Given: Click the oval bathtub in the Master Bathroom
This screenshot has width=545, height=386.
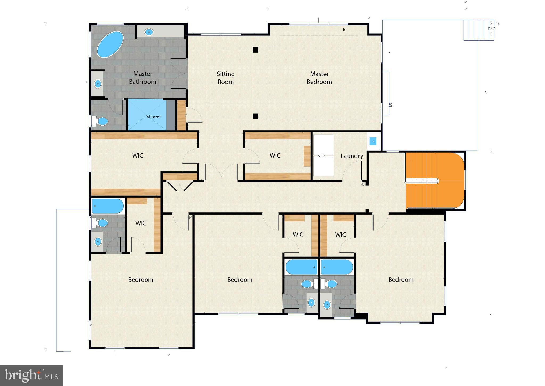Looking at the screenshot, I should click(110, 45).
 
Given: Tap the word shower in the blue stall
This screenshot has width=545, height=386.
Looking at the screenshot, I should click(154, 116).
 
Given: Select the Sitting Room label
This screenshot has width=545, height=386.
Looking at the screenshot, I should click(226, 78).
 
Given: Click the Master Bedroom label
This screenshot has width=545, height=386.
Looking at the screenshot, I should click(319, 78).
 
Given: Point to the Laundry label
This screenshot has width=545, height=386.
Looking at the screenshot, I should click(352, 156).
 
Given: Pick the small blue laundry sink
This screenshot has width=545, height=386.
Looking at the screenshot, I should click(373, 141).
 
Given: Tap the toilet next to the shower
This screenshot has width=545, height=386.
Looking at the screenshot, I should click(100, 122).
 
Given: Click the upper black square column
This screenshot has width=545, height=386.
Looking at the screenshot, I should click(255, 49).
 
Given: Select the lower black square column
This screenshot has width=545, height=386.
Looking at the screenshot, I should click(255, 116).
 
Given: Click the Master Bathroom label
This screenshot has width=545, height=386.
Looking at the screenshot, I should click(143, 78).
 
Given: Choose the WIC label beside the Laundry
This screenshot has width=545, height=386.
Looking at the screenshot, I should click(275, 155).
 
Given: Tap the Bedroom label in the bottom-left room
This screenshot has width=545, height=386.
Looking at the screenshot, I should click(141, 280).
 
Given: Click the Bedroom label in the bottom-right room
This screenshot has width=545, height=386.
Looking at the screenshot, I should click(401, 280).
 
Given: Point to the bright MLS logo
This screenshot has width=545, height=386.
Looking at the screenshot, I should click(31, 376).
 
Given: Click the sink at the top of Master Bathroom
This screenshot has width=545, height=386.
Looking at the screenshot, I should click(149, 32).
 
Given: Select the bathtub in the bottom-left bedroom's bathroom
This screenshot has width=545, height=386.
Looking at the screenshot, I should click(108, 206).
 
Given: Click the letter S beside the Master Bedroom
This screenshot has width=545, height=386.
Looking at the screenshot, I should click(390, 105).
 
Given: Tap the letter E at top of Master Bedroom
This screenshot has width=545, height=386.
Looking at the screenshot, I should click(344, 30).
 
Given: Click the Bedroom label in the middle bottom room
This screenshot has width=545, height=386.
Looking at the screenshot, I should click(240, 280).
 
